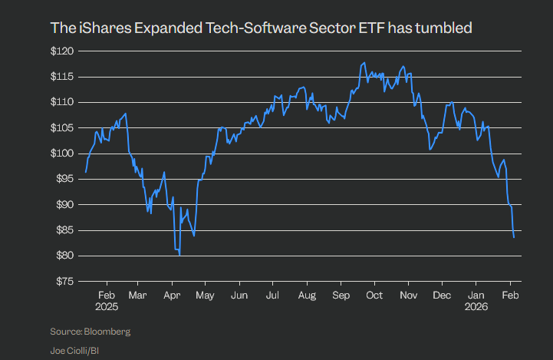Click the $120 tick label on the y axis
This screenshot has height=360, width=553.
click(x=61, y=51)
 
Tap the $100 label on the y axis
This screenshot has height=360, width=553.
click(x=61, y=154)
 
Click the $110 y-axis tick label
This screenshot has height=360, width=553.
click(x=61, y=102)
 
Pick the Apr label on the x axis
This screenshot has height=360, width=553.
click(x=172, y=295)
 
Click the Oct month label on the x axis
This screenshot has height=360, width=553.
click(x=375, y=295)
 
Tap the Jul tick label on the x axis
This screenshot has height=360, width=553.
click(x=272, y=295)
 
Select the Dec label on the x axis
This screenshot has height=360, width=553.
click(x=442, y=295)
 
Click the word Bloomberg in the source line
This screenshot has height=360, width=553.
click(x=108, y=332)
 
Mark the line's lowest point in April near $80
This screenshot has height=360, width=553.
click(x=180, y=255)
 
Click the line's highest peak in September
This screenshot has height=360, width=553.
click(x=361, y=63)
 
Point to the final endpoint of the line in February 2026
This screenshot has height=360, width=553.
click(x=514, y=238)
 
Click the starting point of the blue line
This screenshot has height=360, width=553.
click(x=85, y=172)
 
